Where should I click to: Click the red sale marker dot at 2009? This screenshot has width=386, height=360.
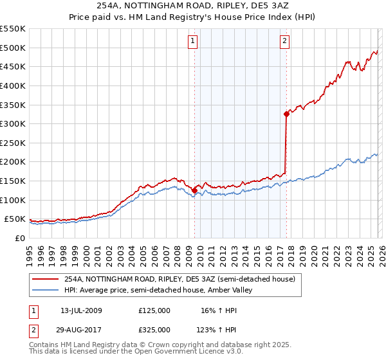coord(194,190)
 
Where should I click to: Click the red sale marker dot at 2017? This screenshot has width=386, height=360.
coord(286,114)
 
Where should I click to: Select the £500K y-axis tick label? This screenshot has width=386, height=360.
coord(13,48)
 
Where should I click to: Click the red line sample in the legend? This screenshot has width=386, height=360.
coord(46,279)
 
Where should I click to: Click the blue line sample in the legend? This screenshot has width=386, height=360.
coord(46,291)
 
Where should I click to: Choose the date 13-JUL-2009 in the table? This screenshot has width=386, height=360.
coord(86,310)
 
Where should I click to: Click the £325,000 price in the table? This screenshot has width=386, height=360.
coord(154,329)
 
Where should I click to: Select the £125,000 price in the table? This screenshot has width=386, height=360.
coord(154,310)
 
